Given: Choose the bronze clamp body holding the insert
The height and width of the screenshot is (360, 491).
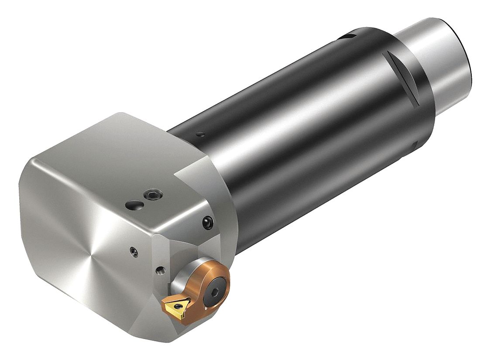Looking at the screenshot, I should pos(205,288).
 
